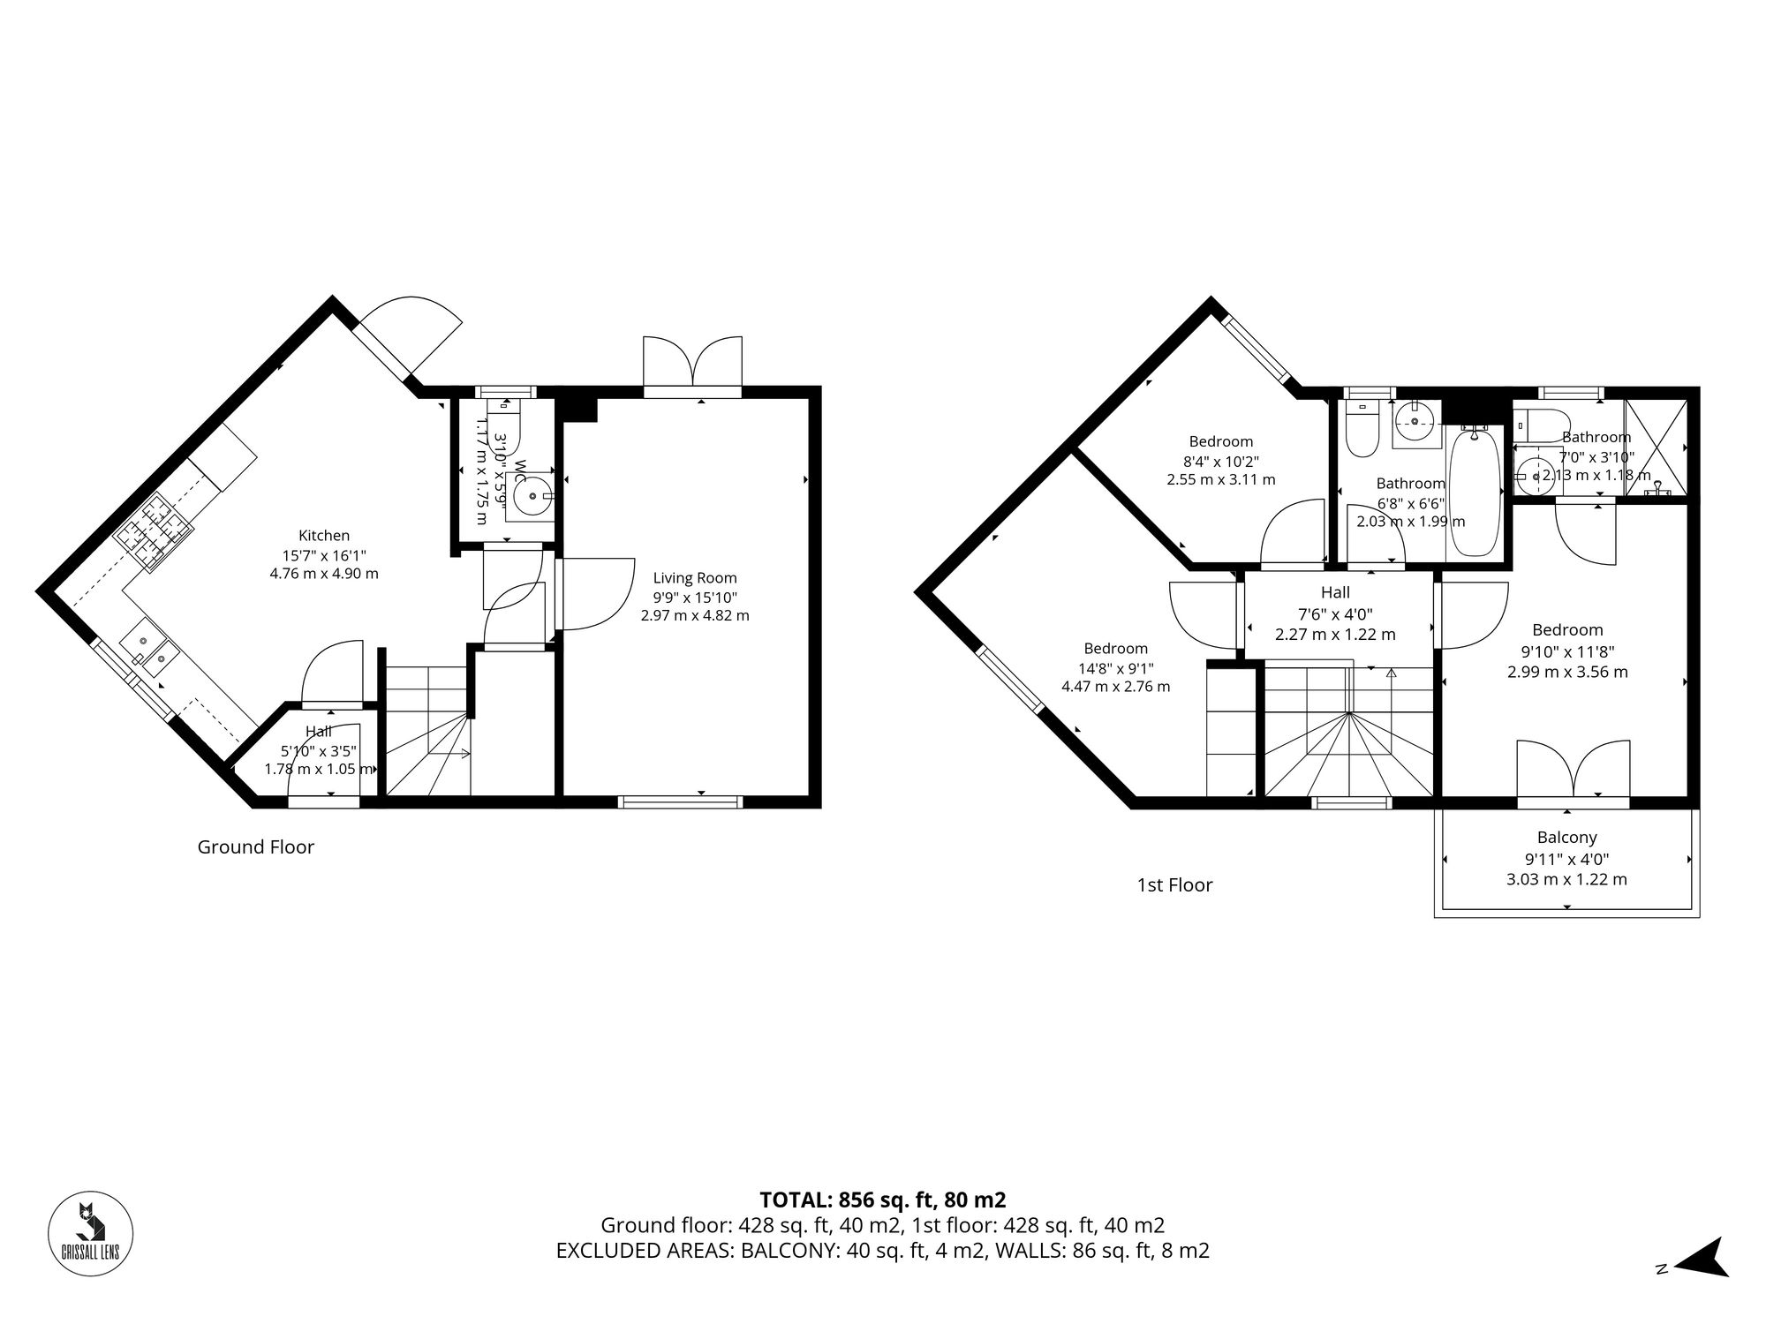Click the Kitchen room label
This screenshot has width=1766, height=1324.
[324, 536]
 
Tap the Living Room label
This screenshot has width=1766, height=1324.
[695, 578]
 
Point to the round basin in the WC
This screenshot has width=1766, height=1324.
[532, 496]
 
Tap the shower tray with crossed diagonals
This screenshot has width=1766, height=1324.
[1656, 448]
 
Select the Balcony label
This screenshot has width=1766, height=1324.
[1566, 838]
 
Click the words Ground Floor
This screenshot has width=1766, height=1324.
[255, 847]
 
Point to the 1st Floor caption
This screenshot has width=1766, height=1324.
[1174, 884]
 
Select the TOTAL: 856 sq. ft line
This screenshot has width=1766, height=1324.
[882, 1200]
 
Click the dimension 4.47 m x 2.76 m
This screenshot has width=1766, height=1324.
[1115, 686]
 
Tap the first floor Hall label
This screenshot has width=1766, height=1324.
[1335, 593]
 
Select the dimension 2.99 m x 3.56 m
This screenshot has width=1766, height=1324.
[1567, 672]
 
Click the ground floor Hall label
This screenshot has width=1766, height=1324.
[319, 731]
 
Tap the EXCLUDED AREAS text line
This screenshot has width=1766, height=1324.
[882, 1251]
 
